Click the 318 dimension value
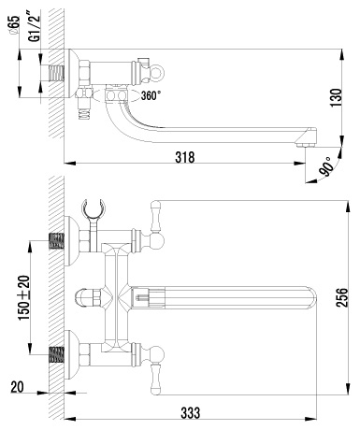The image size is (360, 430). pos(185,157)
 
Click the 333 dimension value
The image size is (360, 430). pos(191,413)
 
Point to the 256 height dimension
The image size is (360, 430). pos(342,297)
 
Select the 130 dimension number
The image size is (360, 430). pos(336,98)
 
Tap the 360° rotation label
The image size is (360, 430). pos(151,95)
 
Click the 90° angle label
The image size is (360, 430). pos(325,166)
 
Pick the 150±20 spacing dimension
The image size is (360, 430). pos(24,298)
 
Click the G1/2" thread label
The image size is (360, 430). pos(35,25)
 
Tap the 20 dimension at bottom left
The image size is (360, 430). pos(17,387)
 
